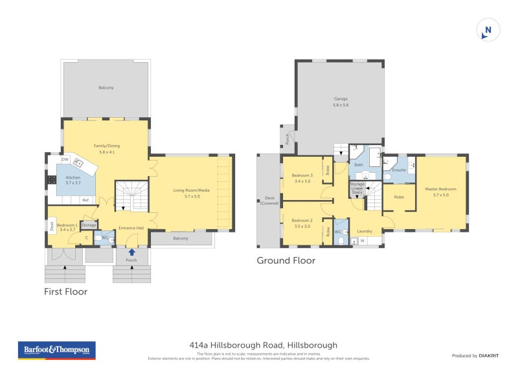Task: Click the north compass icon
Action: coord(488,30)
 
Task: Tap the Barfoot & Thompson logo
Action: coord(57,350)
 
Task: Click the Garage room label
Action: coord(341,102)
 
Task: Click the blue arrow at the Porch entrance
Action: coord(132,252)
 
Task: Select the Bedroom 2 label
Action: coord(302,223)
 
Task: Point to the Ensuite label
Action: coord(399,170)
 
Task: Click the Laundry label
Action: coord(365,231)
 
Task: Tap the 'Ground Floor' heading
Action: coord(286,261)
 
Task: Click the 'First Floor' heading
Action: coord(65,292)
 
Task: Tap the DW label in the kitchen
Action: coord(65,159)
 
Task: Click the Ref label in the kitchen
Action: coord(85,200)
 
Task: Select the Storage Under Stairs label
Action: coord(357,189)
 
